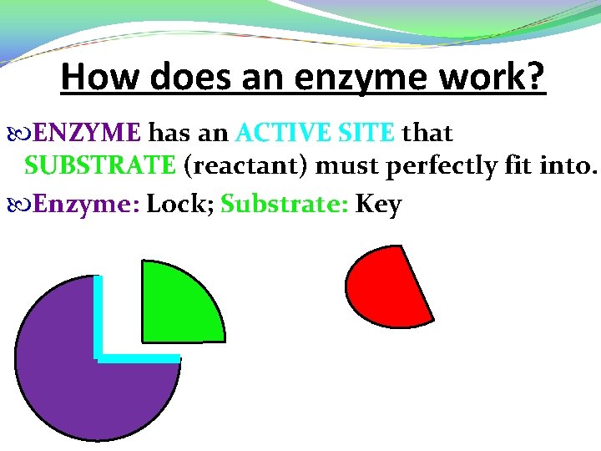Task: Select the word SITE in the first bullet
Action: tap(364, 133)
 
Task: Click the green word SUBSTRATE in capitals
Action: tap(100, 165)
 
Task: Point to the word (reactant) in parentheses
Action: tap(245, 165)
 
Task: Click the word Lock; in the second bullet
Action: tap(180, 204)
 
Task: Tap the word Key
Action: tap(379, 205)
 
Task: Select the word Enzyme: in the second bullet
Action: tap(86, 204)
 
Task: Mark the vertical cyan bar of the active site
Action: tap(98, 317)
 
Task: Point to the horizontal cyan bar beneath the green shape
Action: tap(139, 358)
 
